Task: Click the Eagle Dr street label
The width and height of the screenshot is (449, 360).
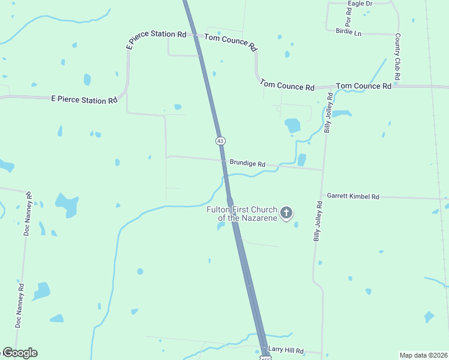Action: click(x=360, y=4)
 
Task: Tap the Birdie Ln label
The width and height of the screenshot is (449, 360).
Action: click(x=349, y=32)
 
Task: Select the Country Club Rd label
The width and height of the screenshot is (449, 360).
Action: click(x=397, y=58)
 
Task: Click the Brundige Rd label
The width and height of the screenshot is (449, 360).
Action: click(x=247, y=163)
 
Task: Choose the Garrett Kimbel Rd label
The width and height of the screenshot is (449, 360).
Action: click(x=353, y=196)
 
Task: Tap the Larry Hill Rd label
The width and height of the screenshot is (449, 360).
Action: click(x=286, y=350)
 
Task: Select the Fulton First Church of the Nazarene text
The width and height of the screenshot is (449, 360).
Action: click(x=241, y=214)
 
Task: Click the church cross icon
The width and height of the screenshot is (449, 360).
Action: click(x=286, y=212)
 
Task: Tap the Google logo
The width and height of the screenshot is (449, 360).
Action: click(x=19, y=353)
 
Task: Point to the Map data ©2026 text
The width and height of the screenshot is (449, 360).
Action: click(x=423, y=355)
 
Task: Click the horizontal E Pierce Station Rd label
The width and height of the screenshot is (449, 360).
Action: click(x=84, y=100)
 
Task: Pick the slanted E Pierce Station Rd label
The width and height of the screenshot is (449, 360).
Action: click(x=156, y=37)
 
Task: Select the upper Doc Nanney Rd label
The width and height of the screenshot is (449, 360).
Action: click(x=28, y=214)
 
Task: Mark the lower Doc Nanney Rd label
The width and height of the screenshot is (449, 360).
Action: click(x=20, y=305)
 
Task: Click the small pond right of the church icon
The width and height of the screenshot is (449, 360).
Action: click(x=296, y=225)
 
